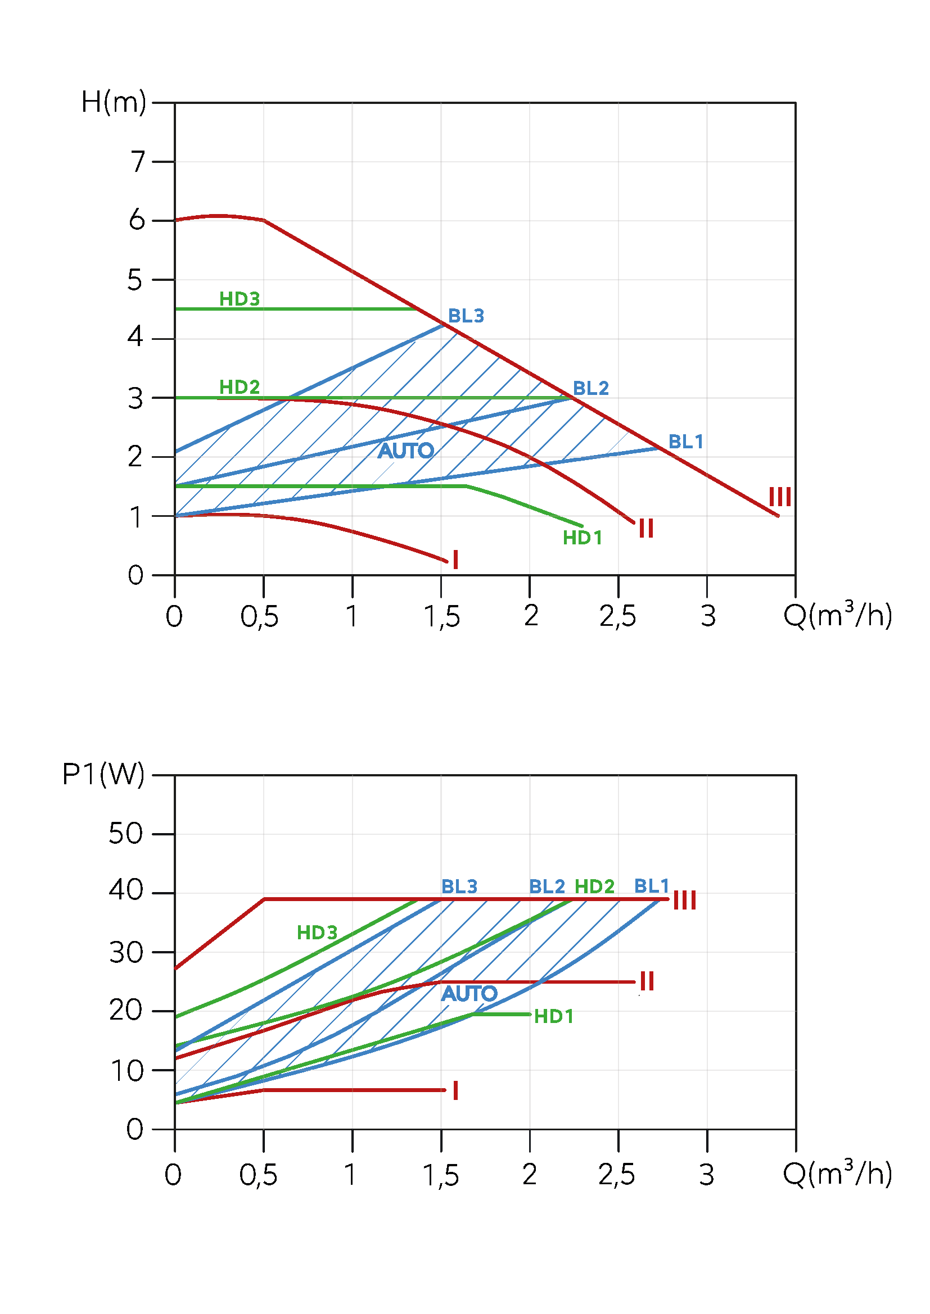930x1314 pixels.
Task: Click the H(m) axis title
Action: tap(114, 102)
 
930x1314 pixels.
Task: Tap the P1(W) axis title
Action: tap(103, 775)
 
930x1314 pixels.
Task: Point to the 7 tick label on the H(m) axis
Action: tap(137, 161)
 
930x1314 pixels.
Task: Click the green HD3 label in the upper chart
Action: tap(240, 299)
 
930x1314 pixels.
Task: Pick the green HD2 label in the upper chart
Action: tap(240, 388)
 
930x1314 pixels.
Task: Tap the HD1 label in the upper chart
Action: tap(583, 538)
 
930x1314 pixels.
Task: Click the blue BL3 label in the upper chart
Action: tap(466, 316)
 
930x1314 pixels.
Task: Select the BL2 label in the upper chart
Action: tap(590, 389)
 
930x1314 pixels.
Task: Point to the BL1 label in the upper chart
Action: tap(685, 442)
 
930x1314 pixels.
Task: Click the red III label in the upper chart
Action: tap(780, 497)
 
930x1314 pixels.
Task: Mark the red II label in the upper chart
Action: tap(646, 528)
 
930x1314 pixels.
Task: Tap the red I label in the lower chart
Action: tap(455, 1091)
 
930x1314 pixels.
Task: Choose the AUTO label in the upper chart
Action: tap(405, 451)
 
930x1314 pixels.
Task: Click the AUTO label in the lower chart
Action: tap(469, 994)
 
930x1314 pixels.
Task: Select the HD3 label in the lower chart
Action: tap(317, 933)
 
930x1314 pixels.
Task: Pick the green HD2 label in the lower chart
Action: tap(594, 887)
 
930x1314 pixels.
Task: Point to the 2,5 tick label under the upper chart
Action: tap(617, 617)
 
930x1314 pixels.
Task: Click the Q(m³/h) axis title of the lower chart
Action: tap(837, 1174)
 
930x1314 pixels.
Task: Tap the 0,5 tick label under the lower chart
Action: tap(258, 1175)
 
